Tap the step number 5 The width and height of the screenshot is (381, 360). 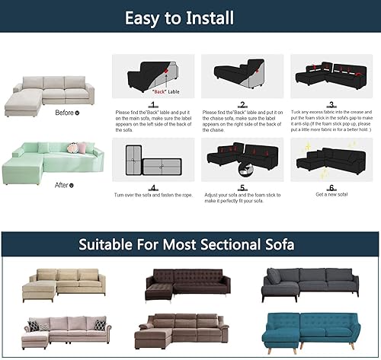pyautogui.click(x=242, y=187)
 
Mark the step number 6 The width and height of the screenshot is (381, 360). pyautogui.click(x=331, y=187)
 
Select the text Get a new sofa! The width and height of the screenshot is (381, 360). pyautogui.click(x=331, y=195)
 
